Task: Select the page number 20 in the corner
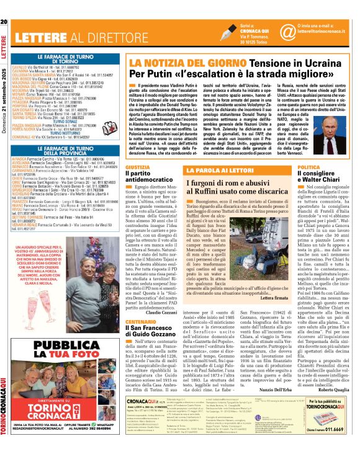(x=5, y=6)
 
